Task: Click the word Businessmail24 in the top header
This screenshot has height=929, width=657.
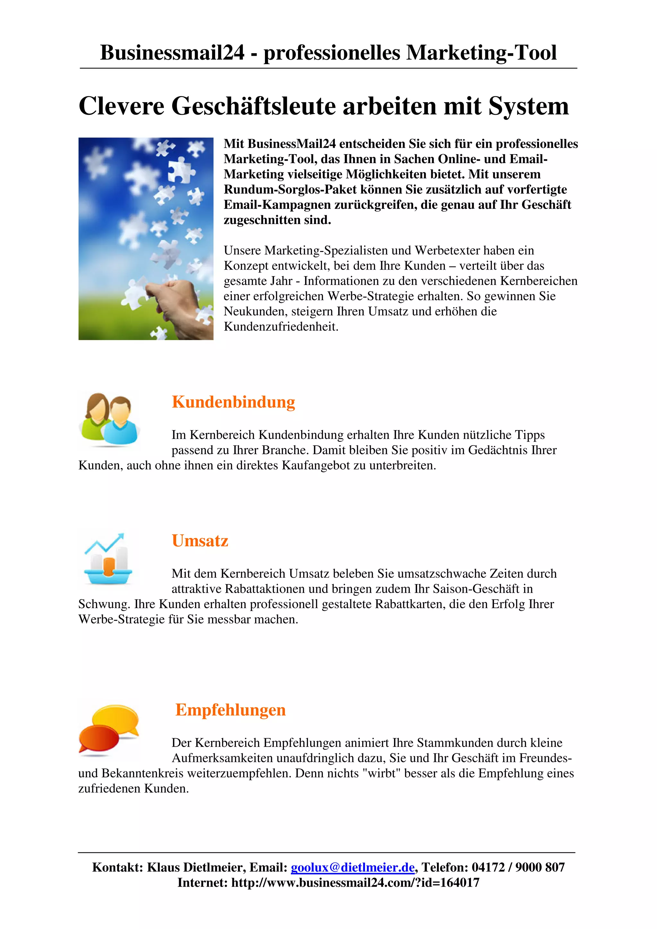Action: (172, 53)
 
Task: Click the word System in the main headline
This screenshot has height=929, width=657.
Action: (528, 106)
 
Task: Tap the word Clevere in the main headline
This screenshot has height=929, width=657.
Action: (122, 106)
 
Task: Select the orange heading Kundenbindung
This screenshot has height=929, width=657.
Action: (234, 402)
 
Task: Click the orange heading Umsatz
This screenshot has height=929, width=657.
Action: (200, 540)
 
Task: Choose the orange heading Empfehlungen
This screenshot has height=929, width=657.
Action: (230, 710)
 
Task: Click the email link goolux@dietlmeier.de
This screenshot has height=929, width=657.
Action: (353, 867)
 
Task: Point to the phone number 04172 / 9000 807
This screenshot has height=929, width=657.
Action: (518, 867)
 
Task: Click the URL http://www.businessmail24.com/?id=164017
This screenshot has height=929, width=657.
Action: (355, 883)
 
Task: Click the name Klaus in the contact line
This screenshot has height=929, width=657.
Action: (164, 867)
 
